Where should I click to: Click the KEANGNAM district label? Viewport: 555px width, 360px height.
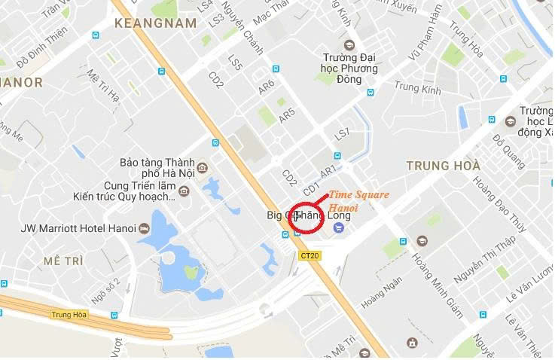pos(155,23)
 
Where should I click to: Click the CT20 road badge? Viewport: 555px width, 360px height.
pos(310,256)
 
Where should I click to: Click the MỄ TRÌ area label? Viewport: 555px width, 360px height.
pos(62,261)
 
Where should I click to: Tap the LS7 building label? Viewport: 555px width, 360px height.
pos(343,135)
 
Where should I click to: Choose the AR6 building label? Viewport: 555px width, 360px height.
pos(267,87)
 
